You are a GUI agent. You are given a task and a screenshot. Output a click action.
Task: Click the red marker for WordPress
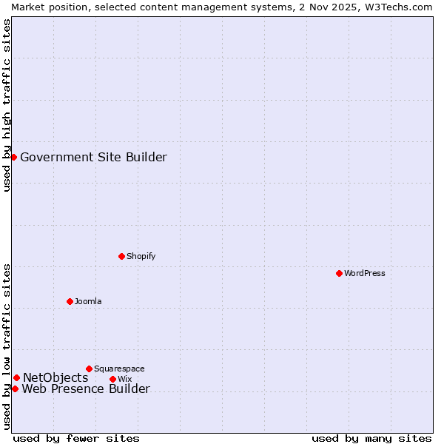click(x=339, y=273)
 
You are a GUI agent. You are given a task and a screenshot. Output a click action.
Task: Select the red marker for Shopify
click(x=121, y=256)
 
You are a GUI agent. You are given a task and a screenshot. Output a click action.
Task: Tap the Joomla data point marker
click(x=70, y=301)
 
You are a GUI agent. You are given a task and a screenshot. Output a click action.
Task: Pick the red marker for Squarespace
click(x=89, y=369)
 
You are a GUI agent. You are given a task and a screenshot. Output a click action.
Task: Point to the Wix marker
click(x=112, y=379)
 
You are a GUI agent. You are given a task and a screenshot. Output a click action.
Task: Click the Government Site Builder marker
click(x=13, y=157)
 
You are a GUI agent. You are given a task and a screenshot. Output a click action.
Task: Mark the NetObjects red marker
click(x=16, y=377)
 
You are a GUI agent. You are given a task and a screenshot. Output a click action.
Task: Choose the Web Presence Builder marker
click(x=15, y=388)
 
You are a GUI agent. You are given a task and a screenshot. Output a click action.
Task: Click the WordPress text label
click(x=365, y=273)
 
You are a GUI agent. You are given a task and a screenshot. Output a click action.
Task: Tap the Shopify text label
click(x=141, y=256)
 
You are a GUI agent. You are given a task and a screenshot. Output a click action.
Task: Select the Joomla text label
click(x=88, y=301)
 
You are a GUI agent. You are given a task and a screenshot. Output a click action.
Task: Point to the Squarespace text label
click(x=119, y=369)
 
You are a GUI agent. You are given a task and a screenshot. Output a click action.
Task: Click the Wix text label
click(x=124, y=379)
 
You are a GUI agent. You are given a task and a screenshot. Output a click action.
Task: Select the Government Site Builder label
click(x=93, y=157)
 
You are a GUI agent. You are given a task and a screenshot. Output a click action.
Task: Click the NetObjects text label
click(x=55, y=378)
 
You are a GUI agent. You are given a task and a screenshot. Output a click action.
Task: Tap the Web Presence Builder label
click(x=86, y=389)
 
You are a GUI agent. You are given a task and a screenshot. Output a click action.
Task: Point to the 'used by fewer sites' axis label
click(x=76, y=438)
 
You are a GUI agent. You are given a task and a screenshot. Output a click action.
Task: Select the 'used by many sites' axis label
click(x=371, y=438)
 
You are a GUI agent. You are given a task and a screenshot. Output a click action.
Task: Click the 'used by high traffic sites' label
click(x=7, y=105)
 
